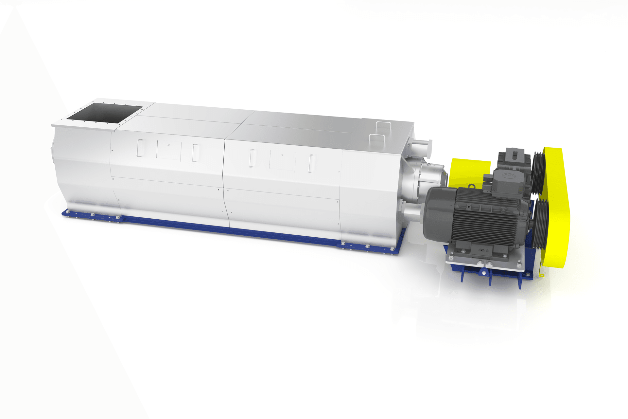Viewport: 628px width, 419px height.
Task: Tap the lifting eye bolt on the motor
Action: click(471, 187)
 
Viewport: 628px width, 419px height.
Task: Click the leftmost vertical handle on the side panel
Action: click(140, 148)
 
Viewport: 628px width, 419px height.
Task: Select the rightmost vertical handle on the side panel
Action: click(310, 163)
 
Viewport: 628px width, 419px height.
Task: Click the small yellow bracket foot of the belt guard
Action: click(542, 275)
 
